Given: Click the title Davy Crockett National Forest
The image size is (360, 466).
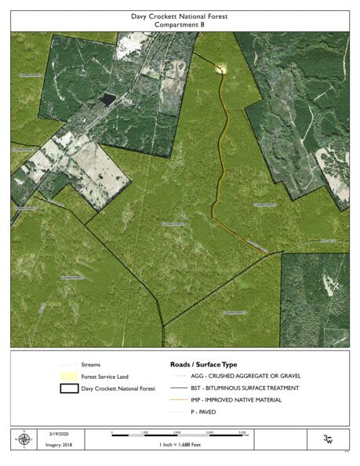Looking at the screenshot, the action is pyautogui.click(x=180, y=15).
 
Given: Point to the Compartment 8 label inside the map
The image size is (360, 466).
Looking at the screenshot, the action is pyautogui.click(x=174, y=224).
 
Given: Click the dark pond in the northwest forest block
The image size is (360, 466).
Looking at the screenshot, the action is pyautogui.click(x=107, y=100).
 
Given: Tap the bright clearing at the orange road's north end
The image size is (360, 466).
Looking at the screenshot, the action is pyautogui.click(x=222, y=69).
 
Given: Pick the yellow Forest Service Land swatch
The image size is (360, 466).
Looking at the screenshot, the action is pyautogui.click(x=69, y=377).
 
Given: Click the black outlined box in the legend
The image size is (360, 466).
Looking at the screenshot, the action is pyautogui.click(x=69, y=388).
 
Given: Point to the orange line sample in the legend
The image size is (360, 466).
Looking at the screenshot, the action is pyautogui.click(x=179, y=400).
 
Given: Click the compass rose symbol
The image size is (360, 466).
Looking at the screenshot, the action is pyautogui.click(x=24, y=439).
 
